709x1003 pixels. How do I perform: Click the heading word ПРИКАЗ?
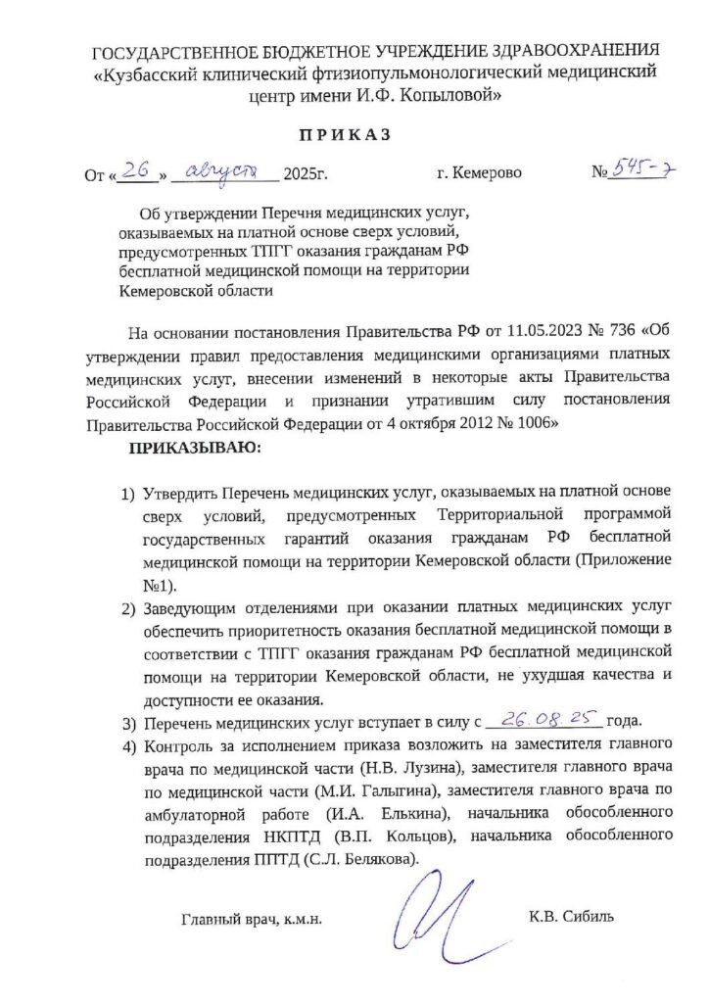pyautogui.click(x=354, y=135)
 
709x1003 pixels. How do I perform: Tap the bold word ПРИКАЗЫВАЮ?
pyautogui.click(x=191, y=449)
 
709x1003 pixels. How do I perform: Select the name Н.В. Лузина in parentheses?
pyautogui.click(x=413, y=771)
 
